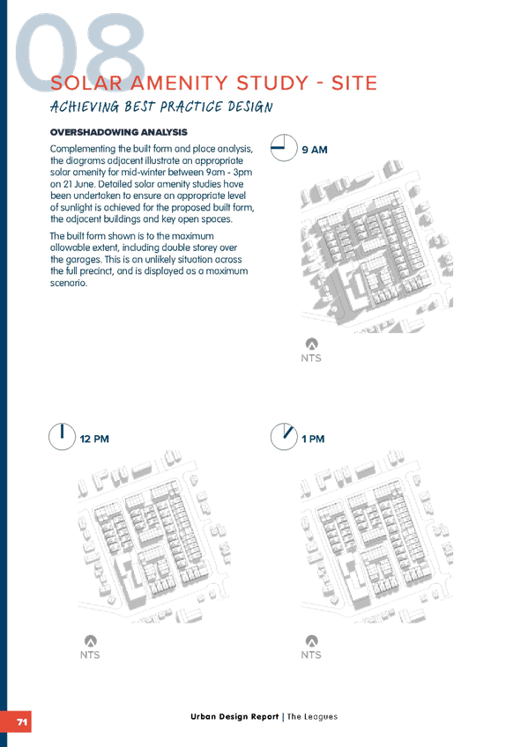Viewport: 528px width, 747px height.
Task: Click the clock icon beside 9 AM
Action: coord(284,148)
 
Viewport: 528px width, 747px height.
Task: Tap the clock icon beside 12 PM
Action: coord(62,437)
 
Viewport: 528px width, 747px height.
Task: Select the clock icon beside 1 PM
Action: coord(284,437)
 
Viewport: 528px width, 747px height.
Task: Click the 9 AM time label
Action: coord(315,150)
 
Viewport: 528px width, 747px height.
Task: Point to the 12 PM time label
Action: coord(94,439)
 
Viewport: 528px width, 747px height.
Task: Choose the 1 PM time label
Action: coord(313,439)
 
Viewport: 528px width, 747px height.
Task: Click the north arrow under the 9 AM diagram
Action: coord(312,344)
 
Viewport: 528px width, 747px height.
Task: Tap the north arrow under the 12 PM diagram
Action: coord(91,640)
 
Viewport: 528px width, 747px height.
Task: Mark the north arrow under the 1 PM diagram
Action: coord(312,640)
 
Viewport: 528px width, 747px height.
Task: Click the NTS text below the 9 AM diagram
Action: coord(311,358)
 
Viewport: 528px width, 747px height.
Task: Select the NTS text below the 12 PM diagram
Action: coord(90,655)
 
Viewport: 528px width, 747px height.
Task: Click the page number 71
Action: coord(22,721)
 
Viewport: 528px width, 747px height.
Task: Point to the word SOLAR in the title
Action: coord(86,83)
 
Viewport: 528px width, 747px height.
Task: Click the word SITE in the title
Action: coord(354,83)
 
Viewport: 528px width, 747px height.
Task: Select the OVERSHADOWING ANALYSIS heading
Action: coord(119,132)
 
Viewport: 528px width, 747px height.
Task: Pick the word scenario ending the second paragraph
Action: coord(69,283)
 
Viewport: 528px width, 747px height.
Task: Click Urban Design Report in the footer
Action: coord(234,716)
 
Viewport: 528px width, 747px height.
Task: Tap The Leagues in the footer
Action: coord(312,716)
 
